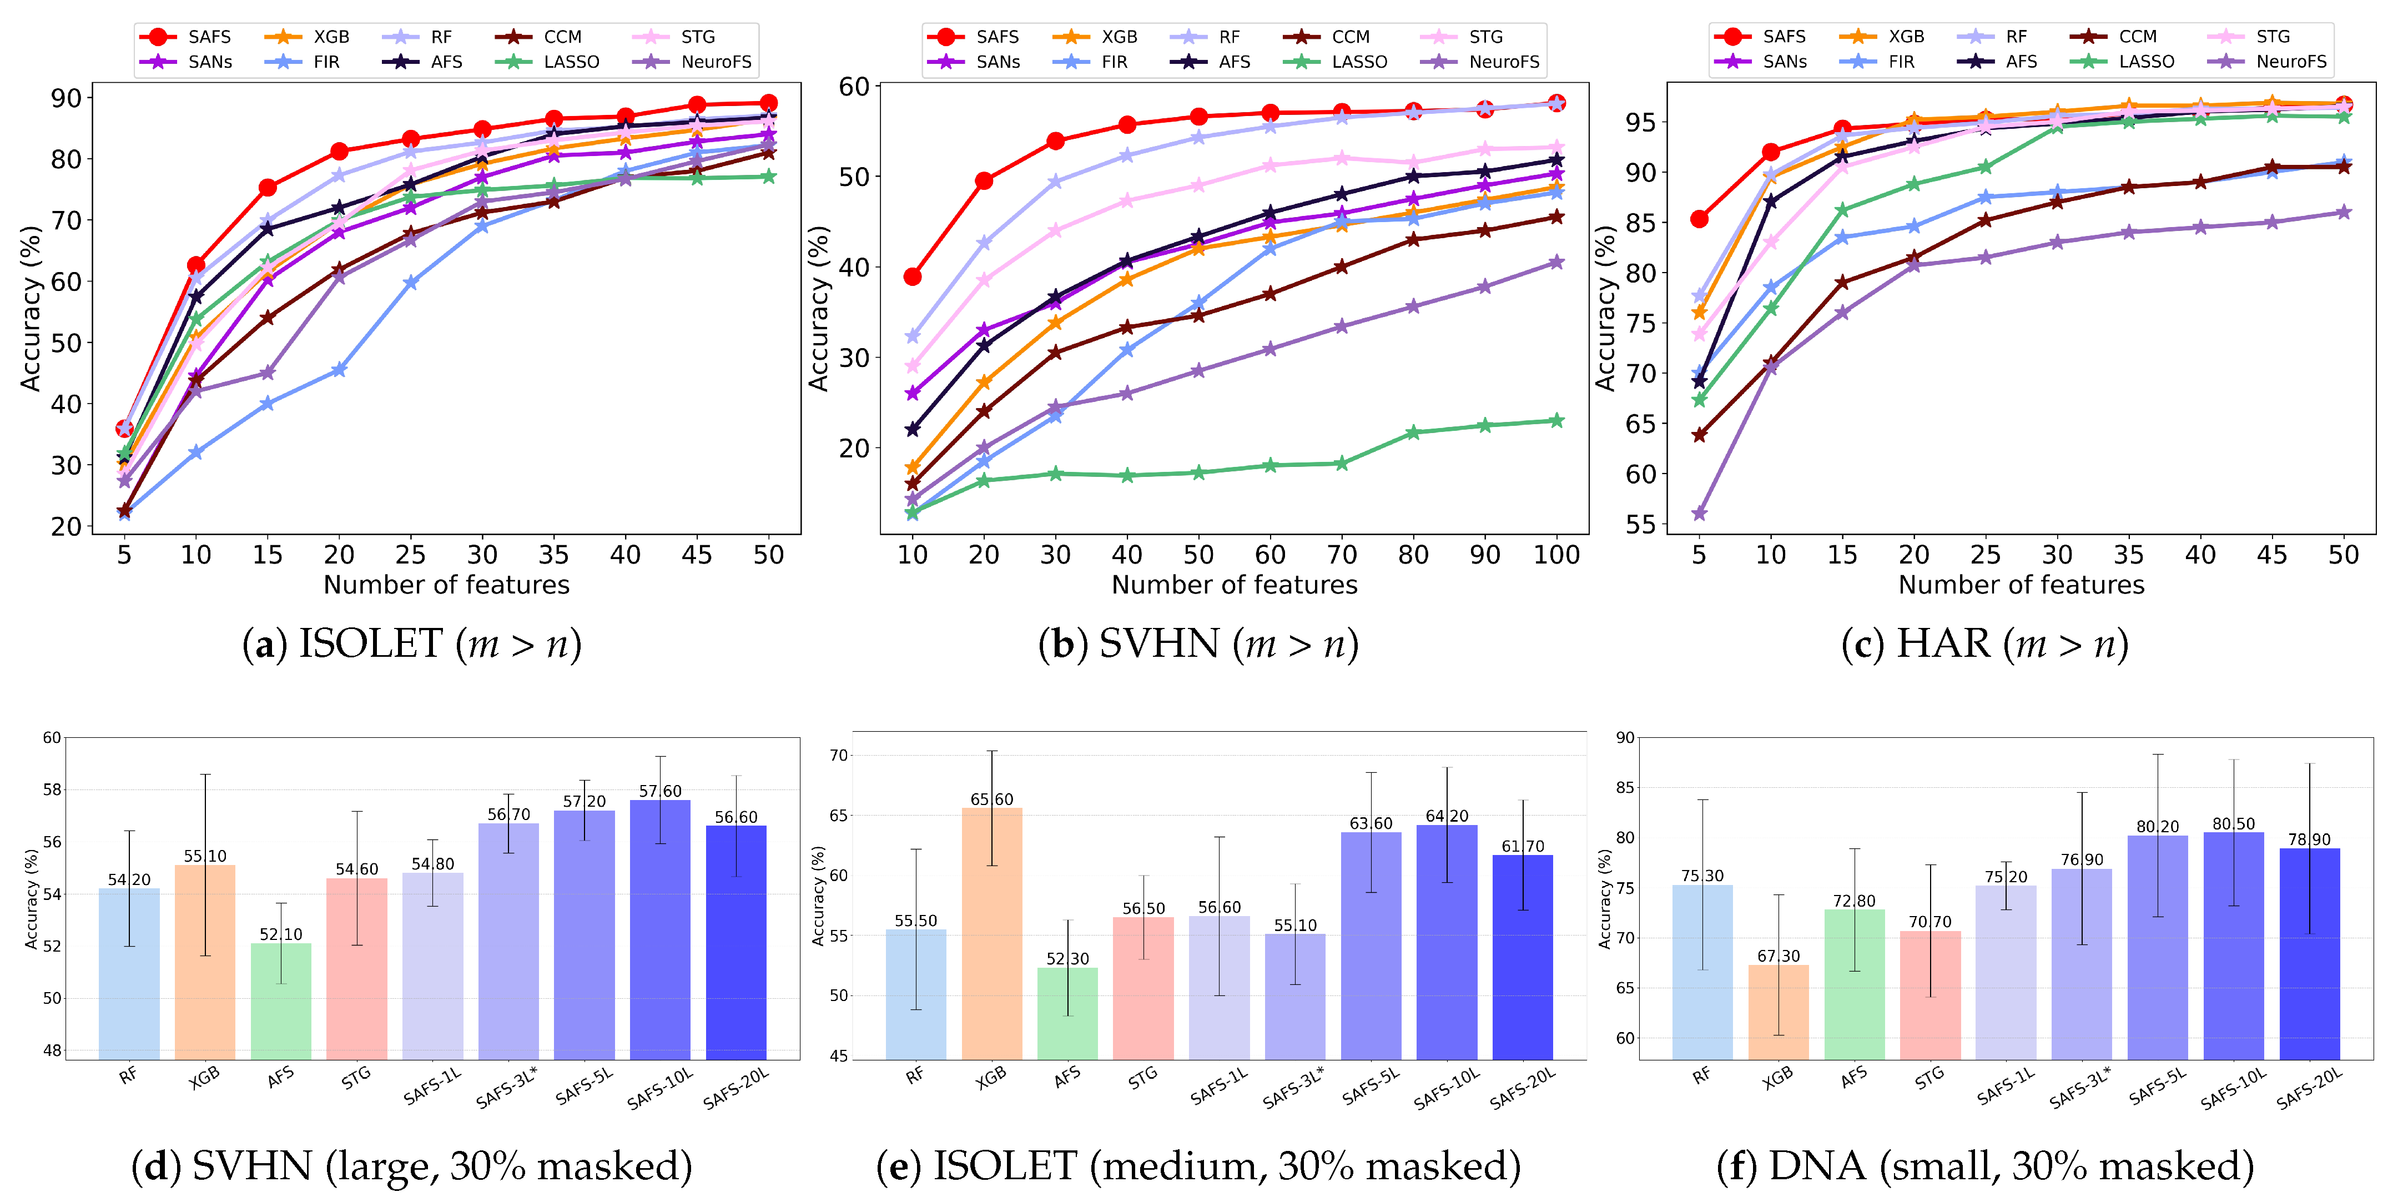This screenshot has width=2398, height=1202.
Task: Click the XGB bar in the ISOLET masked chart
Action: (991, 931)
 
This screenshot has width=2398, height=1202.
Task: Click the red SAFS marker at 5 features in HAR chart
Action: (1699, 219)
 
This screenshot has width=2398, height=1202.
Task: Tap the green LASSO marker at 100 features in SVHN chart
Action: (1556, 420)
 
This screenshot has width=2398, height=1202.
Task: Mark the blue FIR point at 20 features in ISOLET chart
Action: (339, 370)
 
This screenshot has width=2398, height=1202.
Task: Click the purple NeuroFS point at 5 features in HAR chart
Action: (1699, 513)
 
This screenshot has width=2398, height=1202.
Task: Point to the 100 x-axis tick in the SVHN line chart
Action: (1556, 555)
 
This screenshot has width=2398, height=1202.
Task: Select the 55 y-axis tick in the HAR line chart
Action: (1640, 524)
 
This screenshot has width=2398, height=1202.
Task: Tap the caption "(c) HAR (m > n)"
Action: (1984, 644)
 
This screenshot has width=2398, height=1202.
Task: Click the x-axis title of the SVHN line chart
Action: (1235, 585)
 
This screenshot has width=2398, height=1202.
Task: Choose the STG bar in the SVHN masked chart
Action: (356, 968)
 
